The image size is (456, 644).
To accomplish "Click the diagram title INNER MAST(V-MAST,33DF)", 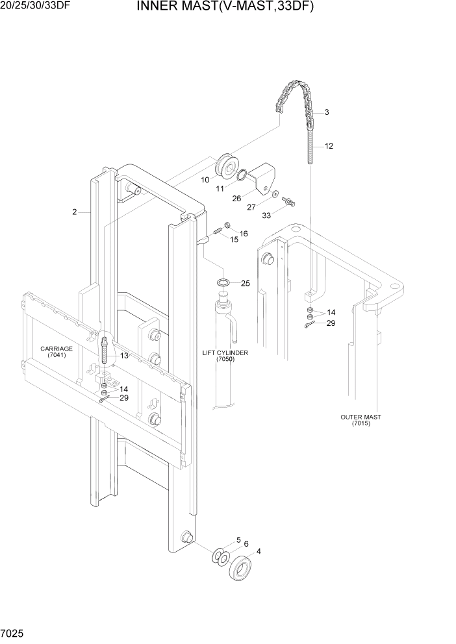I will click(x=225, y=8).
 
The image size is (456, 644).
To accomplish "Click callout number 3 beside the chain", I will click(x=326, y=112).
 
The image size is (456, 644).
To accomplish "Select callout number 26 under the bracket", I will click(x=236, y=199).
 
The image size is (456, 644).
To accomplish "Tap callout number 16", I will click(x=244, y=234).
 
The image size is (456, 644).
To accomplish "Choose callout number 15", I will click(x=234, y=240).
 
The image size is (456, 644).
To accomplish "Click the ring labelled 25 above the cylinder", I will click(x=223, y=283).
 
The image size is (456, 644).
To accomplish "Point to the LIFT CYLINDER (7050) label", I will click(x=225, y=355).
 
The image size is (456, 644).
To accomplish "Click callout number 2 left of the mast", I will click(x=75, y=212).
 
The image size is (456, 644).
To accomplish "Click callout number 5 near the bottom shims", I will click(x=238, y=539).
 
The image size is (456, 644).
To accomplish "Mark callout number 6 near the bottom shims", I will click(x=246, y=543).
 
